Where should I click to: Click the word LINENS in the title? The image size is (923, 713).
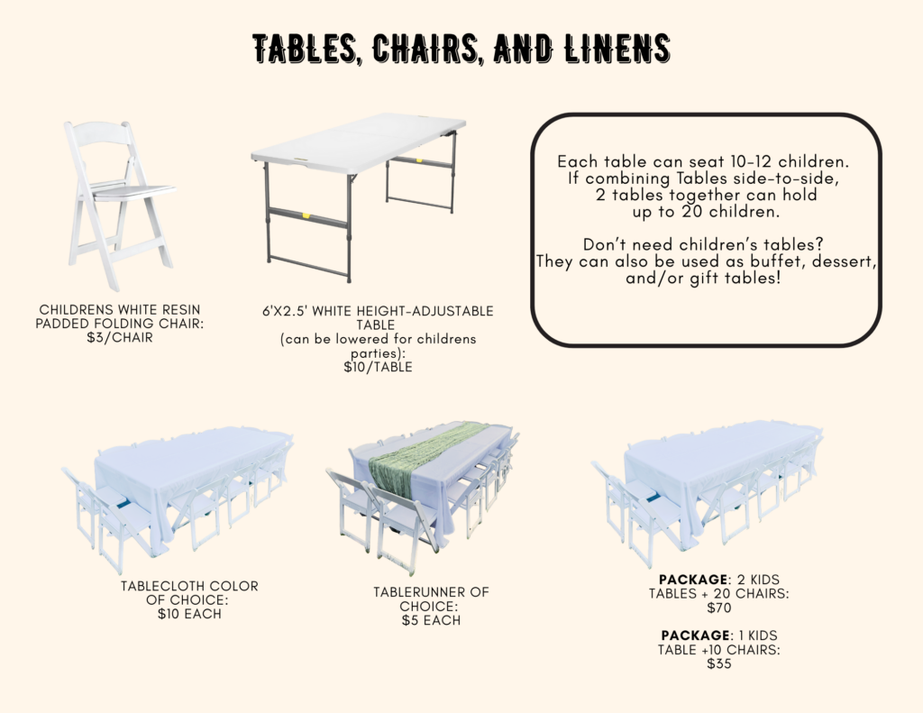tap(617, 49)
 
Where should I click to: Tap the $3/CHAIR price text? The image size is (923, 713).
tap(120, 337)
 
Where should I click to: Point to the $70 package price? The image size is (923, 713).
tap(718, 608)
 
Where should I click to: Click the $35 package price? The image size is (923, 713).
tap(718, 663)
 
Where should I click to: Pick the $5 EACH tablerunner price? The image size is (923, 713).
tap(431, 620)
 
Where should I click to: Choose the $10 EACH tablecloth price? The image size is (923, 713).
tap(189, 614)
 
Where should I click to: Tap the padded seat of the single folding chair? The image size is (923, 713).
tap(133, 191)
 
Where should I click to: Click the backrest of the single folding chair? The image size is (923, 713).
tap(101, 134)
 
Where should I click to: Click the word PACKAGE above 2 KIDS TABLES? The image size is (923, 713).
tap(693, 580)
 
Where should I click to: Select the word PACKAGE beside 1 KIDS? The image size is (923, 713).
tap(695, 635)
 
